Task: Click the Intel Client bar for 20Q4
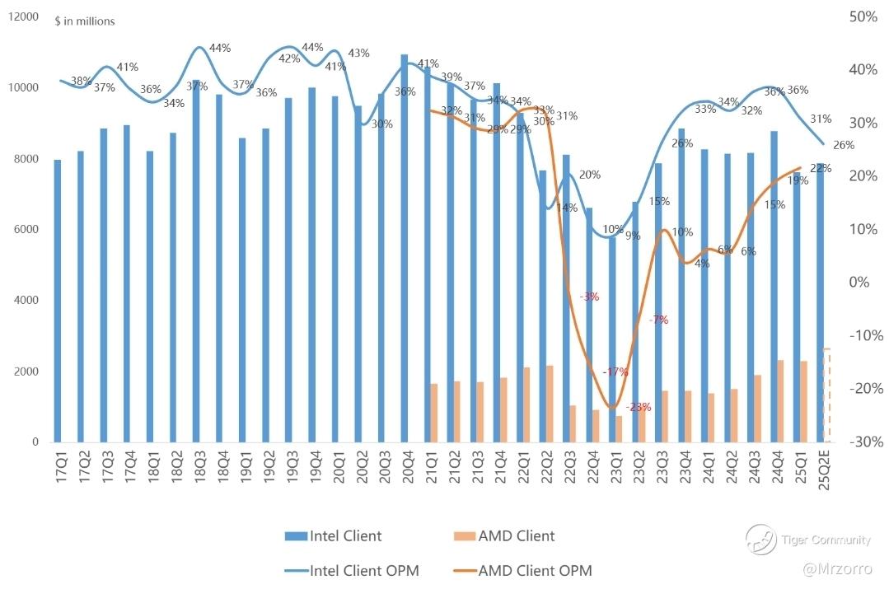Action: [x=404, y=247]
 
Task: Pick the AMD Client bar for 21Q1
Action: [x=433, y=413]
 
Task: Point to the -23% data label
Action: [x=638, y=407]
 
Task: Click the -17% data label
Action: [x=615, y=372]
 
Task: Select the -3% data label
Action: [x=589, y=297]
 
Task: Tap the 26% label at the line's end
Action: [x=844, y=145]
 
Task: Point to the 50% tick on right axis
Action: [x=863, y=16]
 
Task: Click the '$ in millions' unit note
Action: [x=84, y=21]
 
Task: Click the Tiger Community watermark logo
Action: [x=761, y=540]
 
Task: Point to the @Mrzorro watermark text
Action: [x=839, y=569]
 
